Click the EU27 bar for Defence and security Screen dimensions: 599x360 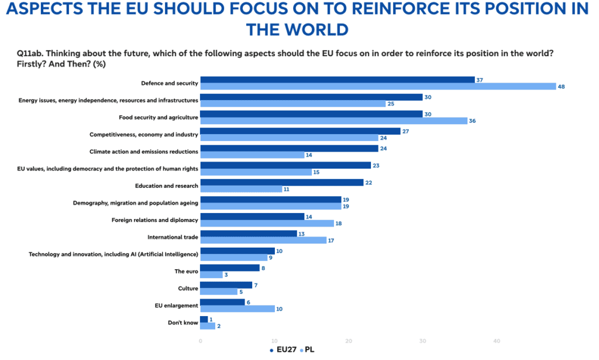[338, 80]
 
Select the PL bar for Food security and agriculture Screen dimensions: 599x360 [334, 121]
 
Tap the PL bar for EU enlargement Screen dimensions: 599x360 [237, 309]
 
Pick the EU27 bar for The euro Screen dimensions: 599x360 [230, 268]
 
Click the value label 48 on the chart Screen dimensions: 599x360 [561, 87]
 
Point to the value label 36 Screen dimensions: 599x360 [472, 121]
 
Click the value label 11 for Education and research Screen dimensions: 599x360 [287, 189]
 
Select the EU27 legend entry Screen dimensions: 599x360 [283, 349]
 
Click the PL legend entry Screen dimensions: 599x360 [308, 349]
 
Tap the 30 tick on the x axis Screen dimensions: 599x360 [422, 341]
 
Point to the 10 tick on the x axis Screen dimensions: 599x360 [274, 341]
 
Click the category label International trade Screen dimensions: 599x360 [173, 237]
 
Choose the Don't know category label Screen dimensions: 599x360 [183, 323]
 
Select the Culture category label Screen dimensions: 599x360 [188, 289]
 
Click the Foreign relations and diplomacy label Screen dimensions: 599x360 [154, 220]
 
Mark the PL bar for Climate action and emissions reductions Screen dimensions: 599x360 [253, 155]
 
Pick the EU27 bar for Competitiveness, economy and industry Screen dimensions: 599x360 [300, 131]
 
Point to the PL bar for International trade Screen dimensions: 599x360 [264, 241]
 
